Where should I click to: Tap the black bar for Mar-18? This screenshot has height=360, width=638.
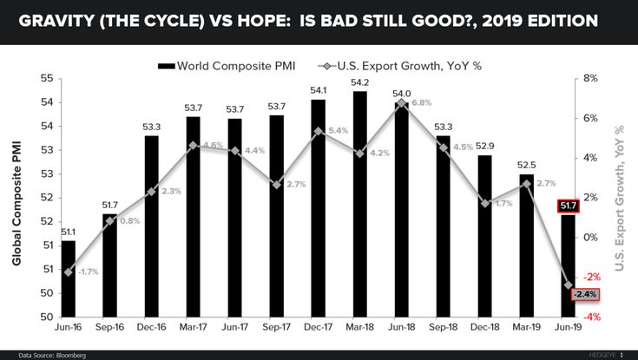coord(359,204)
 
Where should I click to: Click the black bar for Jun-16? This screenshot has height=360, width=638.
coord(68,278)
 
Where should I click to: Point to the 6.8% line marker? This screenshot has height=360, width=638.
coord(401,103)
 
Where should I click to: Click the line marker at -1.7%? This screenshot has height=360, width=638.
coord(69,272)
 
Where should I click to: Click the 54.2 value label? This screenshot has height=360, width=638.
coord(359,83)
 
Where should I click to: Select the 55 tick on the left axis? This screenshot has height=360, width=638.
coord(45,79)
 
